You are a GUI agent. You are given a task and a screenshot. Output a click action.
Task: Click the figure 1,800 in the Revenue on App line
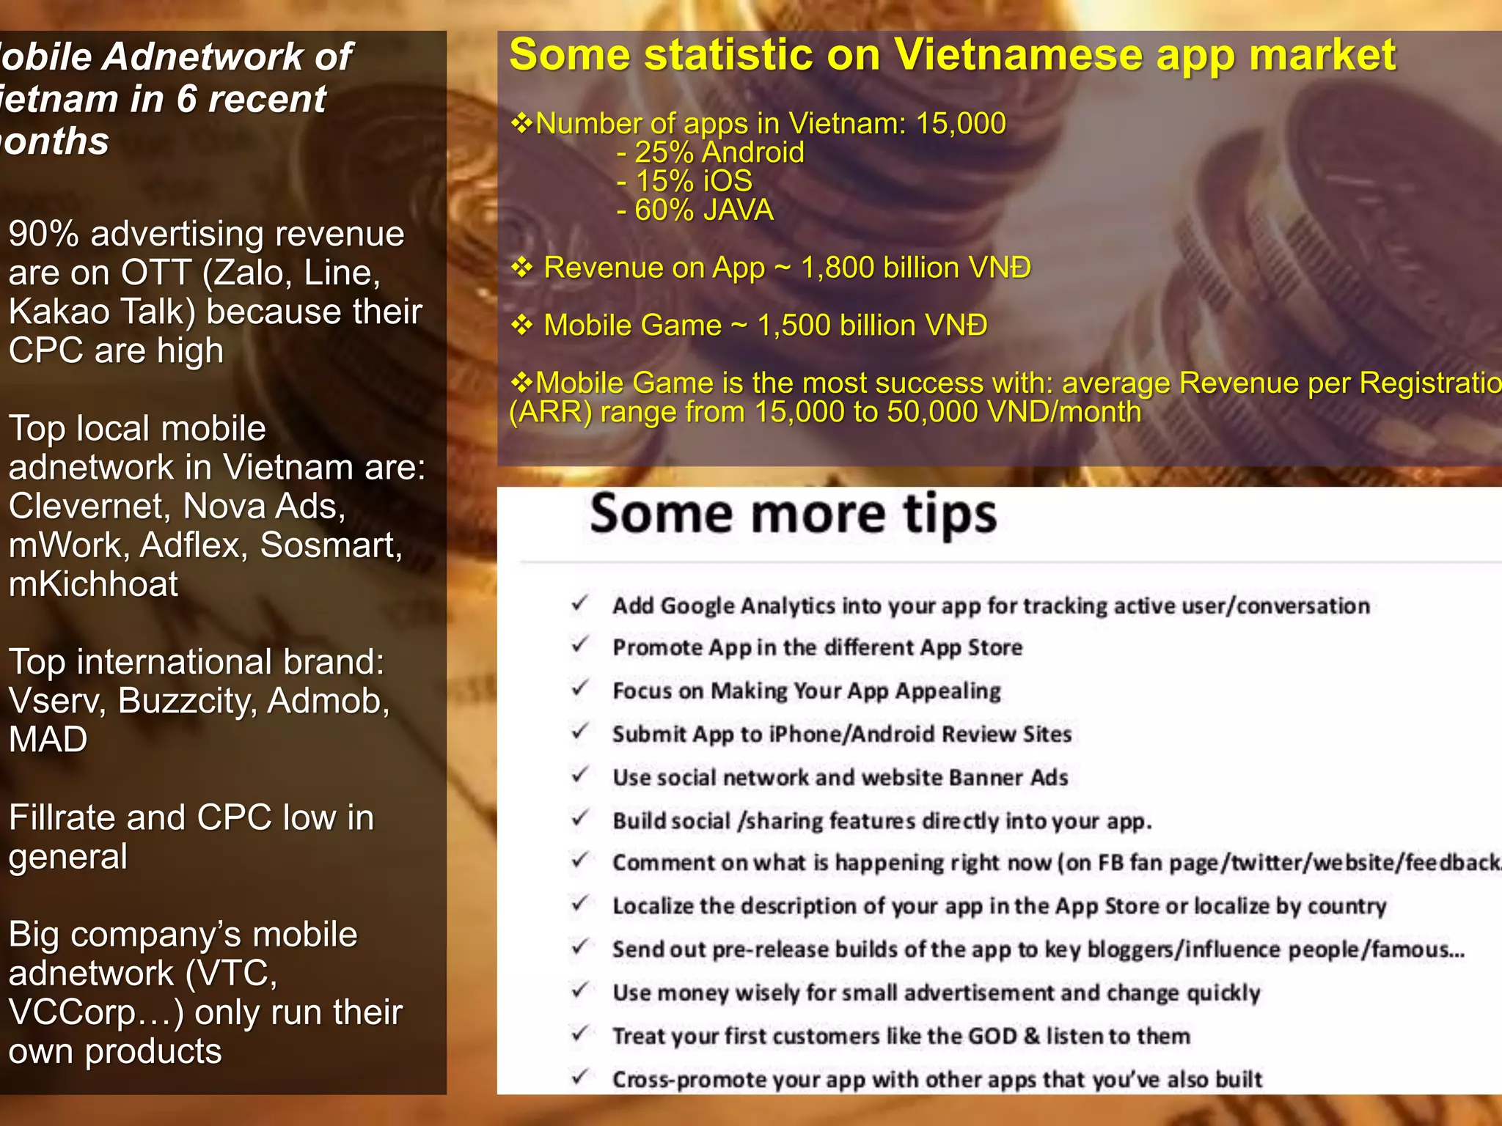pyautogui.click(x=837, y=268)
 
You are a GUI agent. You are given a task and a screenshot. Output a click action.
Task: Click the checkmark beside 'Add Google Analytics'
pyautogui.click(x=580, y=603)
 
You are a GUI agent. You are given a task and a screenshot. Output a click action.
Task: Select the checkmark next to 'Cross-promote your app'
pyautogui.click(x=580, y=1076)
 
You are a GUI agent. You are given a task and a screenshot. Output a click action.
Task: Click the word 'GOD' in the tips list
pyautogui.click(x=992, y=1036)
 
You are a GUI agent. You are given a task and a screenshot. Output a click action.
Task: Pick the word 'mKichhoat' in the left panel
pyautogui.click(x=93, y=584)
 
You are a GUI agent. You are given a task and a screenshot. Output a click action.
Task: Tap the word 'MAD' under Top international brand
pyautogui.click(x=48, y=740)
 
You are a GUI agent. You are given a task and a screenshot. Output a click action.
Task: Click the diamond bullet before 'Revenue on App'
pyautogui.click(x=521, y=268)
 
